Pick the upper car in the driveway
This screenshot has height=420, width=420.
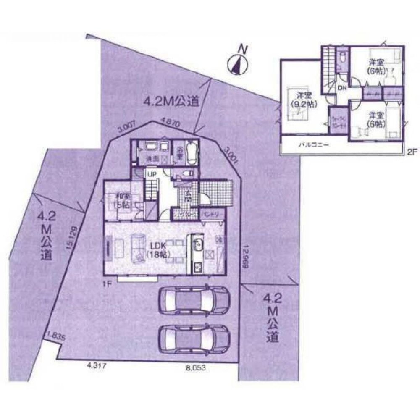click(194, 300)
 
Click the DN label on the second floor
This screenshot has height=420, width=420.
click(342, 87)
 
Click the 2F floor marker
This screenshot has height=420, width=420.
click(411, 153)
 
